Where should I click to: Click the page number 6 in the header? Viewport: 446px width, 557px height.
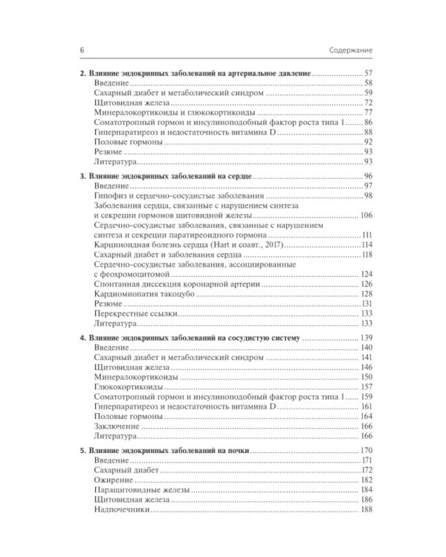(x=80, y=50)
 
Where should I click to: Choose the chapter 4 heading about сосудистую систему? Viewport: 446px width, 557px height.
(x=190, y=338)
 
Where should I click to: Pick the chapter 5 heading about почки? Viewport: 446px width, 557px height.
(x=165, y=451)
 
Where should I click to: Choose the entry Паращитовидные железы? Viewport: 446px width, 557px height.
(x=142, y=492)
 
